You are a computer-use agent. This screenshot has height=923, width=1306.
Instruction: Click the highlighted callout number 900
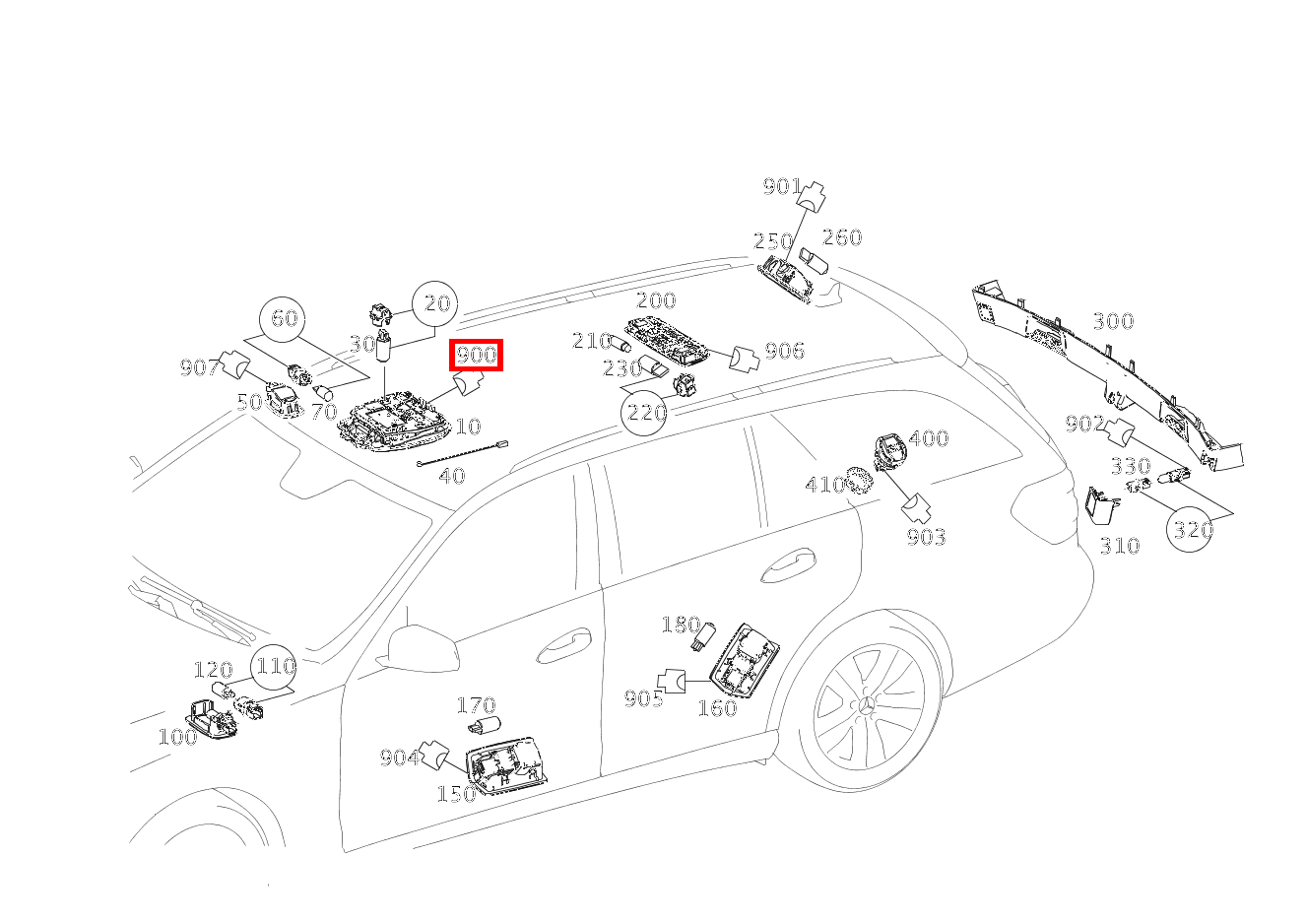click(477, 355)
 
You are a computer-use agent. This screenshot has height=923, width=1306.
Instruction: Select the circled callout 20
click(436, 304)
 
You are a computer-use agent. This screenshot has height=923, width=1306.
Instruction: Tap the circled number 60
click(284, 318)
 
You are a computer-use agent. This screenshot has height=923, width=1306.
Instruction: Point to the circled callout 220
click(646, 412)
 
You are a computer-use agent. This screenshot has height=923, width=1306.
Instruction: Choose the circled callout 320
click(1191, 529)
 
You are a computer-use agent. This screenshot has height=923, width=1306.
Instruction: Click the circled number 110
click(275, 666)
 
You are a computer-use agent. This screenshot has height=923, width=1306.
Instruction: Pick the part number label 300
click(1113, 321)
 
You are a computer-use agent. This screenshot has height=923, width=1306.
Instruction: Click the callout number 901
click(782, 186)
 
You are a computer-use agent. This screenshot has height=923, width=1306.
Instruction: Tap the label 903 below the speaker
click(926, 537)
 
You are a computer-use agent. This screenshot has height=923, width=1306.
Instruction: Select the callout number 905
click(643, 698)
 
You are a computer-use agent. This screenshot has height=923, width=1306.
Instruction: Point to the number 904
click(399, 758)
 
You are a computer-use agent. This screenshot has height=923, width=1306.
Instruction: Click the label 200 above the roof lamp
click(656, 300)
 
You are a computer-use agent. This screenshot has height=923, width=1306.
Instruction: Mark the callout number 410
click(824, 484)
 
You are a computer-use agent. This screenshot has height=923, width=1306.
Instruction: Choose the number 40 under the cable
click(451, 476)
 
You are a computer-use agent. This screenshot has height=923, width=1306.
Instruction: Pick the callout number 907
click(198, 367)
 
